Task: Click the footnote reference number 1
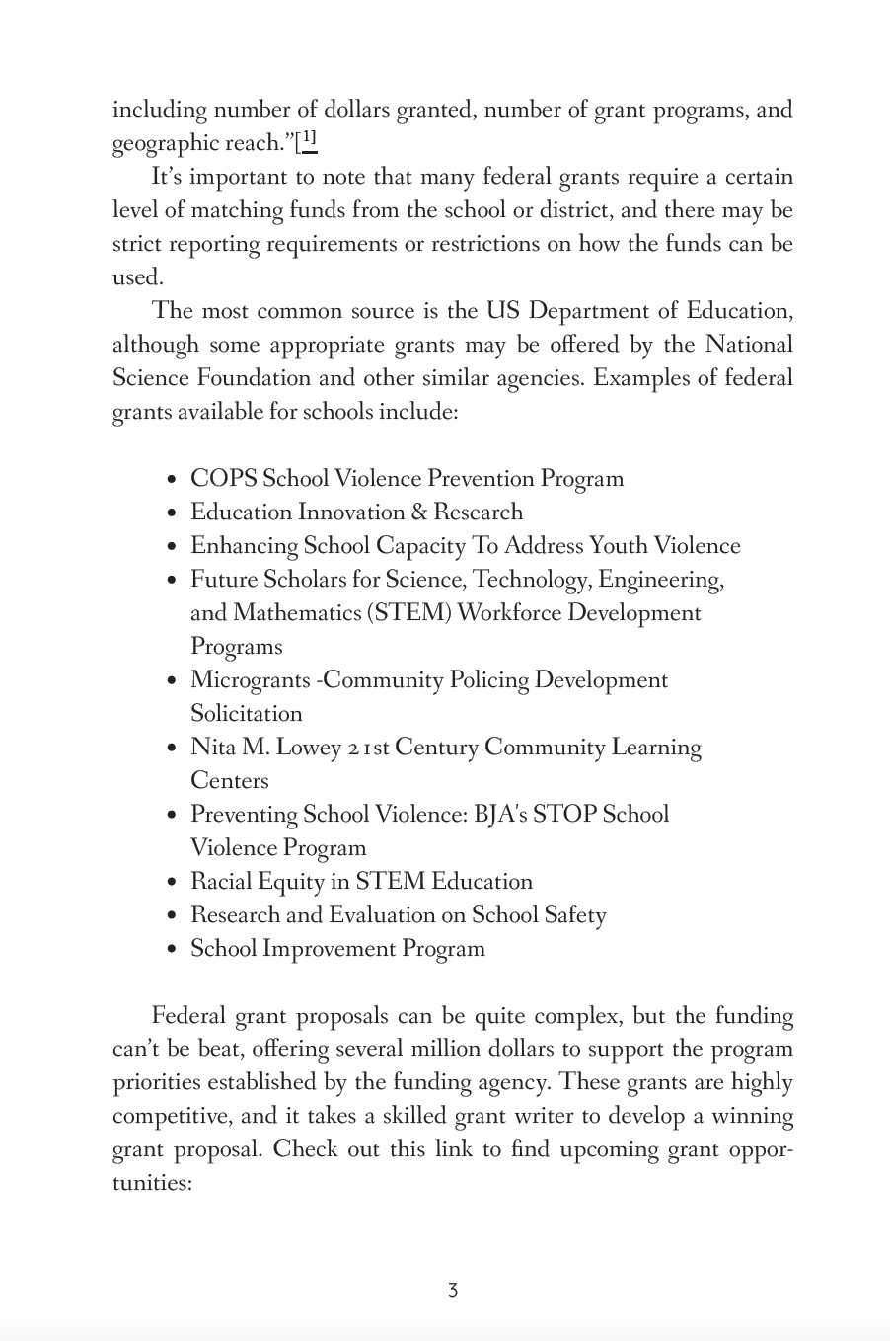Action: click(309, 139)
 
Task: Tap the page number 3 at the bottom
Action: click(452, 1290)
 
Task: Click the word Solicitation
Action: click(247, 714)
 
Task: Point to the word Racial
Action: click(220, 882)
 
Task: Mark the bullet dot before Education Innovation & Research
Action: click(173, 513)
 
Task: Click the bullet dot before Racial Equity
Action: click(173, 883)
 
